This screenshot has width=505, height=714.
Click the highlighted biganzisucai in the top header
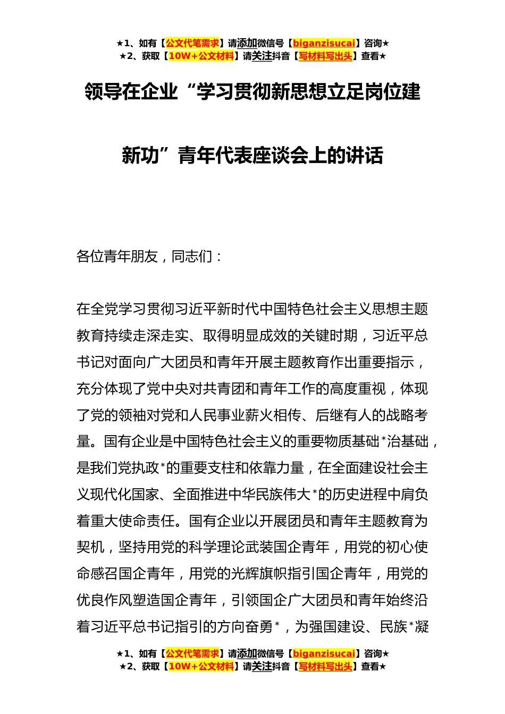click(324, 43)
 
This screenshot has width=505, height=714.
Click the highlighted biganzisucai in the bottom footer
click(324, 653)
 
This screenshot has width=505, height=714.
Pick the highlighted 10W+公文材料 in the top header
click(201, 56)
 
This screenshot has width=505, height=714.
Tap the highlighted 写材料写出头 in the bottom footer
click(325, 666)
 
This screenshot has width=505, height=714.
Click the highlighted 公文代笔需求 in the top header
click(192, 43)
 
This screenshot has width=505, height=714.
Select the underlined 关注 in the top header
click(262, 56)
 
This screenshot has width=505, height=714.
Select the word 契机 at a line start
click(90, 547)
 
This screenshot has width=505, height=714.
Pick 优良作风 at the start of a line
click(104, 600)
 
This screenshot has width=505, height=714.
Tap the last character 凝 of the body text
click(422, 627)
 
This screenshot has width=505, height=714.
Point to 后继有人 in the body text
click(343, 415)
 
